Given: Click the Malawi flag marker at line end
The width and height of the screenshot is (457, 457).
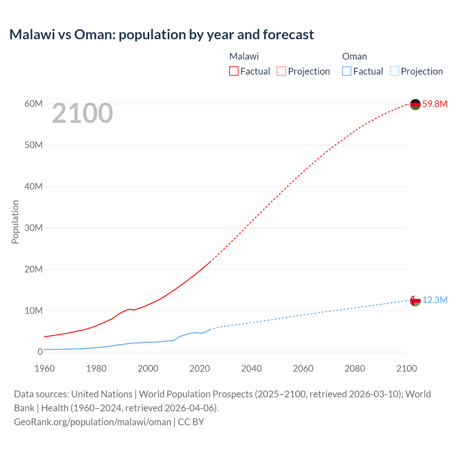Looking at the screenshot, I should pyautogui.click(x=415, y=104).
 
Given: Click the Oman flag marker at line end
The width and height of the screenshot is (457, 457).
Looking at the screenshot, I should pyautogui.click(x=415, y=301).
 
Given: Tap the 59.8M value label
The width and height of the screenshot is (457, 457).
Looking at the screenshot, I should pyautogui.click(x=435, y=104).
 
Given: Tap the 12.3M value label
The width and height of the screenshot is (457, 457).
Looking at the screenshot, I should pyautogui.click(x=435, y=300).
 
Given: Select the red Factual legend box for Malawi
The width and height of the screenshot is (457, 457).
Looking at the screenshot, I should pyautogui.click(x=233, y=71).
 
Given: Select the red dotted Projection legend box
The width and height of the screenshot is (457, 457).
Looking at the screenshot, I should pyautogui.click(x=281, y=71).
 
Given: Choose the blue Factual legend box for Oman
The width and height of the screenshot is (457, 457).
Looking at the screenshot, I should pyautogui.click(x=346, y=71).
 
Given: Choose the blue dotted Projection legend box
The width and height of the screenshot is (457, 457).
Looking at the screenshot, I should pyautogui.click(x=394, y=71).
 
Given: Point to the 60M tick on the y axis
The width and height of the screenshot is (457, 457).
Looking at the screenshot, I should pyautogui.click(x=34, y=104).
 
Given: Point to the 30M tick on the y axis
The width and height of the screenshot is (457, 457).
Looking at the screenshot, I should pyautogui.click(x=34, y=228).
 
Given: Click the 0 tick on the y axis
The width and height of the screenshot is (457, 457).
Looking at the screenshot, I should pyautogui.click(x=40, y=352).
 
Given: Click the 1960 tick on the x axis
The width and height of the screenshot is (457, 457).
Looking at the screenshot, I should pyautogui.click(x=45, y=368).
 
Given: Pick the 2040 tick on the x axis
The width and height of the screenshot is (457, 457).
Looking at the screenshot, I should pyautogui.click(x=251, y=368).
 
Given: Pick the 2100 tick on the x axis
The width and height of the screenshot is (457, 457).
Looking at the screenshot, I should pyautogui.click(x=406, y=368).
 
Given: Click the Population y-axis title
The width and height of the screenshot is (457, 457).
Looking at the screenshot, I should pyautogui.click(x=15, y=222).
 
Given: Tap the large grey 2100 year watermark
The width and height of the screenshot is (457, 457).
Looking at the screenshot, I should pyautogui.click(x=82, y=113).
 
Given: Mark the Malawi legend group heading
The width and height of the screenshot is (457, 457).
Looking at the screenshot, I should pyautogui.click(x=244, y=56).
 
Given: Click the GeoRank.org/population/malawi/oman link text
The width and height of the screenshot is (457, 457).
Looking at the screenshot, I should pyautogui.click(x=92, y=422).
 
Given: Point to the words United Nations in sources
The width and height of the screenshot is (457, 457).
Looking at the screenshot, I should pyautogui.click(x=102, y=394).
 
